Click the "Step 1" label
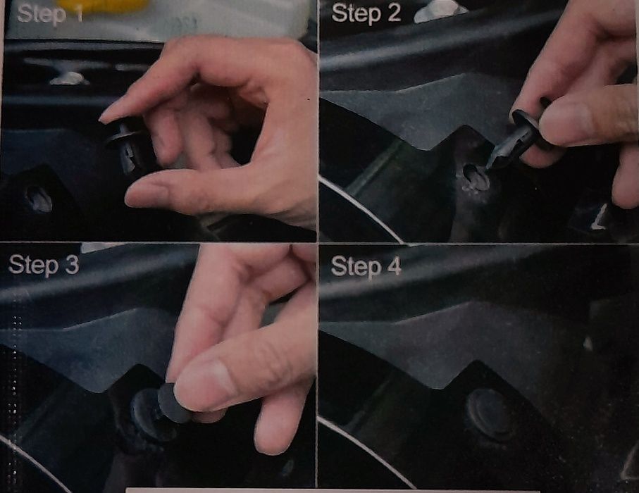(x=50, y=14)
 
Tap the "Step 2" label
(x=366, y=13)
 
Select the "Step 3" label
(x=44, y=265)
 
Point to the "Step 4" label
(x=366, y=266)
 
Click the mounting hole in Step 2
(x=476, y=177)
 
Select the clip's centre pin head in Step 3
(x=173, y=402)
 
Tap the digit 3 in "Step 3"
(x=71, y=265)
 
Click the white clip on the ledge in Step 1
(x=69, y=77)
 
